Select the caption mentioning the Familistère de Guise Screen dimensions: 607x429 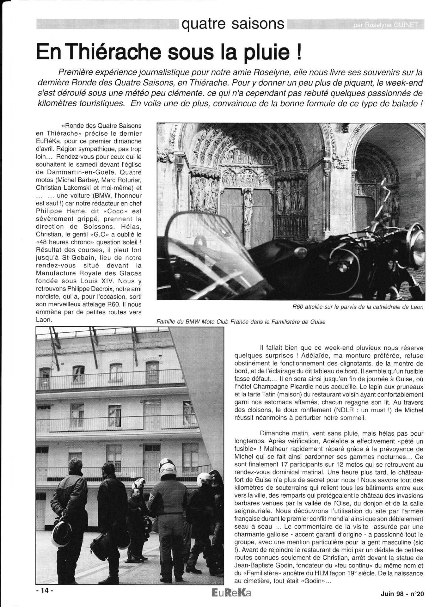click(241, 322)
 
